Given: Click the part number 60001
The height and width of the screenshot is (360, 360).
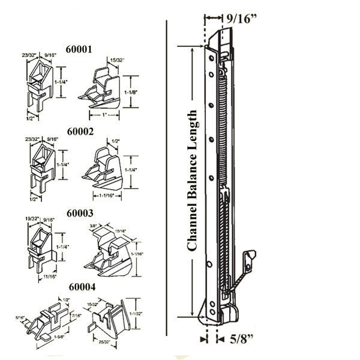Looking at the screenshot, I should (79, 50).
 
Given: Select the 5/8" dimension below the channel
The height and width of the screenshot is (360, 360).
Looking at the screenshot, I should (242, 340).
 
